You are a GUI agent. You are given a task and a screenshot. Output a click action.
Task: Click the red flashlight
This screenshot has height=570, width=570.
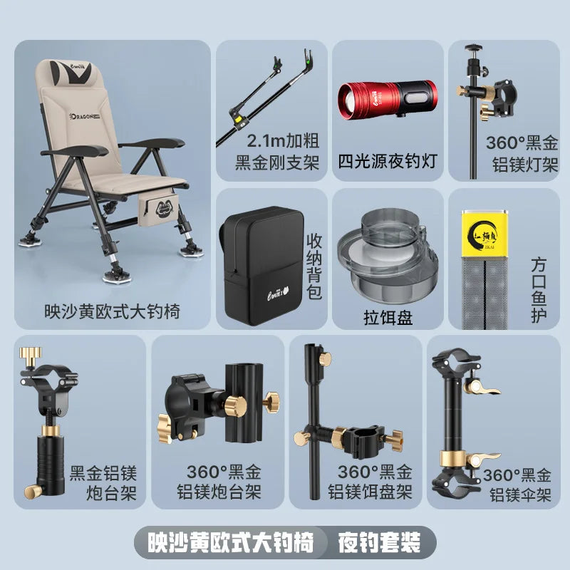387,98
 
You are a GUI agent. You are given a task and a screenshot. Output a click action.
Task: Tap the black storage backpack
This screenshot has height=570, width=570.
261,265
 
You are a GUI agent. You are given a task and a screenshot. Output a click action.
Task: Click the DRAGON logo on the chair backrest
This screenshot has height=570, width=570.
85,116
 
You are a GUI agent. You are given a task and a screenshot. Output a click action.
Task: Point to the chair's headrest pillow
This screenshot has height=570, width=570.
71,72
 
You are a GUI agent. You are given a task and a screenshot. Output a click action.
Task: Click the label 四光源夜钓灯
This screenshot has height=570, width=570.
388,161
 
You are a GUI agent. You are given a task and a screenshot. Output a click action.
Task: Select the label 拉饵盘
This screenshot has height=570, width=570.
388,317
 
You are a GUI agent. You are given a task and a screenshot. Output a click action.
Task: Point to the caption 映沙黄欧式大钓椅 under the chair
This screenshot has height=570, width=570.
112,311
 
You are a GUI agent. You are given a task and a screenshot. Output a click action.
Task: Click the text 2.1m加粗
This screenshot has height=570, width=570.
283,140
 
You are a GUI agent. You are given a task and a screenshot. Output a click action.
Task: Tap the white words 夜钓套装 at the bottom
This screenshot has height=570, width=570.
379,543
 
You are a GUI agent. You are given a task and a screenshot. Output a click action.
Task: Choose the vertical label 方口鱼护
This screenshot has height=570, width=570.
539,291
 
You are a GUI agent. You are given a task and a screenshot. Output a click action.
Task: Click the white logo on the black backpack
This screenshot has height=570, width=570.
278,294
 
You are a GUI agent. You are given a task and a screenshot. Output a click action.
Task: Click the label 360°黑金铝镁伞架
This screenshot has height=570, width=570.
519,485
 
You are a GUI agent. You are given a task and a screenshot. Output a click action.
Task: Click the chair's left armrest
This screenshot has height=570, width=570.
75,151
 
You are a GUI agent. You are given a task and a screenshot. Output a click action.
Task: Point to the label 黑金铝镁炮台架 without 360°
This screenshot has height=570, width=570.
103,484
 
